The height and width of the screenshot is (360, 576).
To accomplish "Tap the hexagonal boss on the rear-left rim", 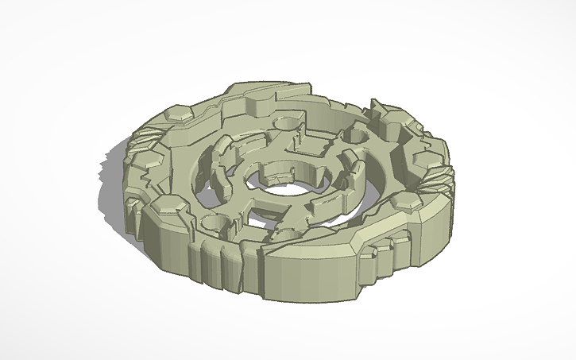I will [x=183, y=118].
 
